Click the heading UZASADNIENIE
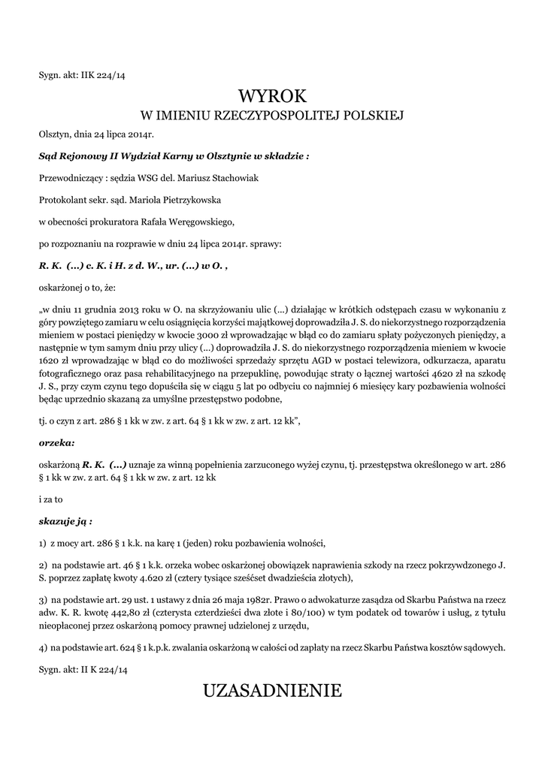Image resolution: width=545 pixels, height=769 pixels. (272, 690)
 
